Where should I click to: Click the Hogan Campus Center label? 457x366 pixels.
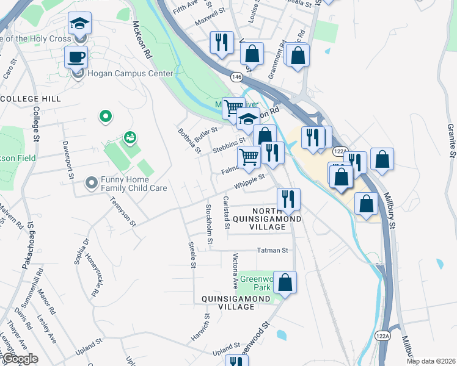click(130, 74)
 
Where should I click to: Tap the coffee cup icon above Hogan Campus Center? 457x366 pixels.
click(77, 57)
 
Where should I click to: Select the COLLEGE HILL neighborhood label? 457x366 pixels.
click(31, 98)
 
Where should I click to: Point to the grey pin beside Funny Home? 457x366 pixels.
click(92, 182)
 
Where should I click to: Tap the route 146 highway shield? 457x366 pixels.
click(236, 77)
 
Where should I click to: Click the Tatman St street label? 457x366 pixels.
click(272, 250)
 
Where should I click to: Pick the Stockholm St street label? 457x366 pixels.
click(209, 222)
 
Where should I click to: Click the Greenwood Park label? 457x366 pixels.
click(255, 283)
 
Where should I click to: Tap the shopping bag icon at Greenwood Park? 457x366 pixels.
click(285, 282)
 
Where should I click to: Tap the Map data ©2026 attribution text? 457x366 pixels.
click(431, 361)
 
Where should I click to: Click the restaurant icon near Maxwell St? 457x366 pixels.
click(221, 42)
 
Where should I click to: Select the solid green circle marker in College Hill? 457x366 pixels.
click(105, 115)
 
